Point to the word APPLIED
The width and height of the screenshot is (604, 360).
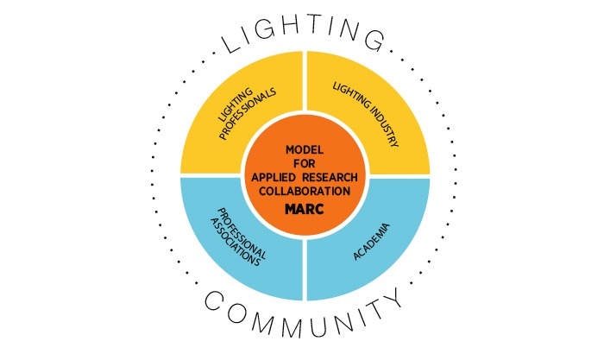[273, 177]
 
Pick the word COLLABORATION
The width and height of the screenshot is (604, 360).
[302, 191]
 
